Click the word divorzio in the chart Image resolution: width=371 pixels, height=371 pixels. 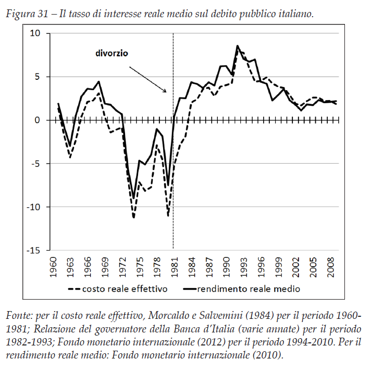pos(112,53)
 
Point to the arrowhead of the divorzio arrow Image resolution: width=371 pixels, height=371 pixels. pos(167,92)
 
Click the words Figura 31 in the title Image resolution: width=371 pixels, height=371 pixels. pos(24,13)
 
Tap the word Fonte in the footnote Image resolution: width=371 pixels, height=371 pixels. pos(17,316)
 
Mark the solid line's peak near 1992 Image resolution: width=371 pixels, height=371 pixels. pos(238,46)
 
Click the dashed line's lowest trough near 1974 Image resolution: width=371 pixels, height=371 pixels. pos(134,217)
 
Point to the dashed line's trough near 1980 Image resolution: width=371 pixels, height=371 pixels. pos(168,215)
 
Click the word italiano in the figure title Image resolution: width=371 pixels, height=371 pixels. pos(293,13)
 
